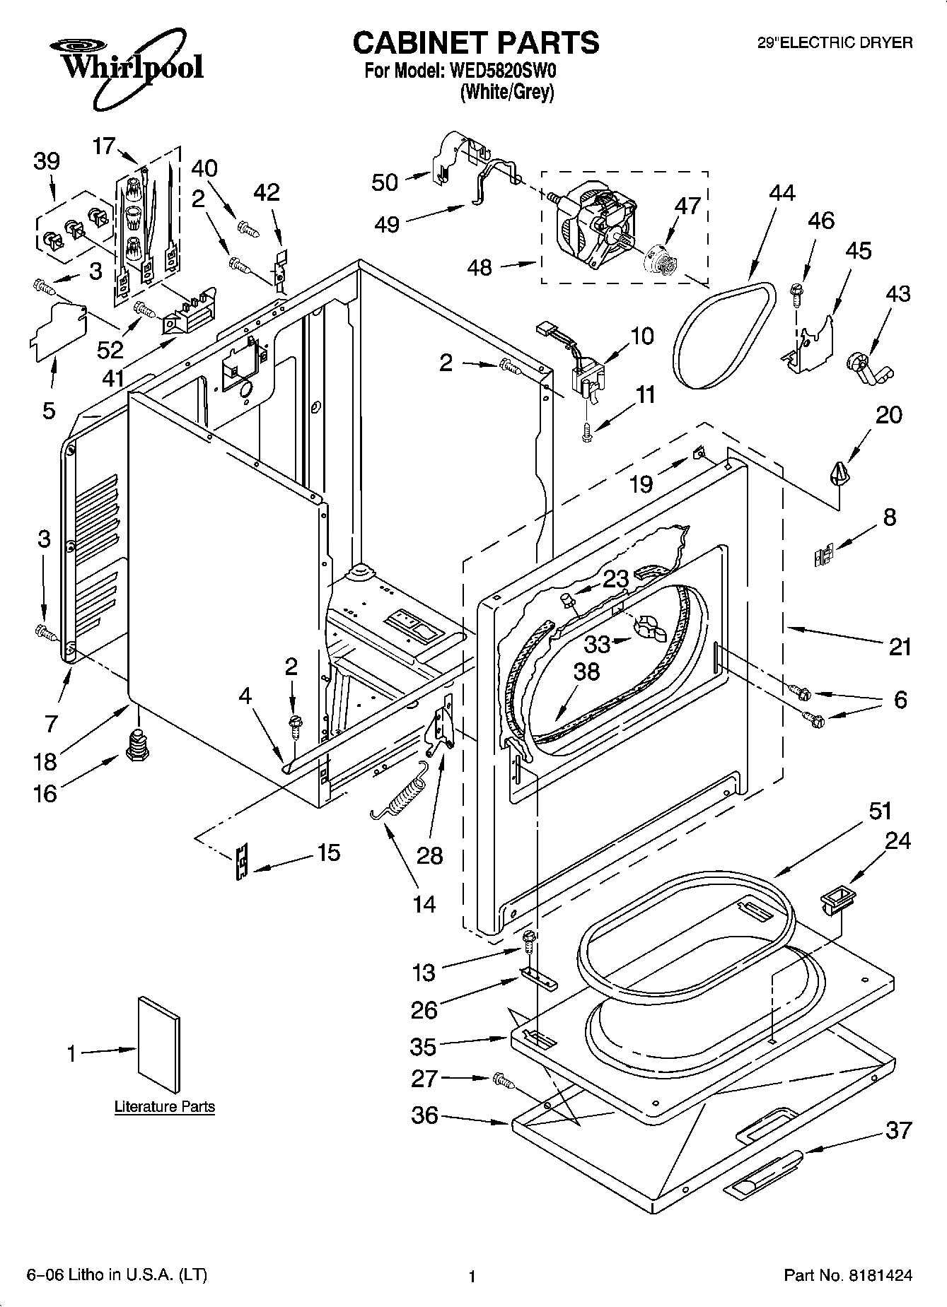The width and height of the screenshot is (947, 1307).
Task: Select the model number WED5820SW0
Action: point(506,71)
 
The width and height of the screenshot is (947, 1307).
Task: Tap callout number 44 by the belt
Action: point(782,193)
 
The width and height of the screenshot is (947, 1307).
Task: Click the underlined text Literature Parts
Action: point(165,1106)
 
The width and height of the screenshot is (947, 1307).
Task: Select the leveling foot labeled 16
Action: point(137,745)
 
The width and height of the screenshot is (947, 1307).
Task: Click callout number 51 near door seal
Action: point(881,811)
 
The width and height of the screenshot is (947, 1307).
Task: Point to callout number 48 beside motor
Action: point(481,267)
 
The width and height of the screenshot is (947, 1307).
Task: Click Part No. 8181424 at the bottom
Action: point(848,1276)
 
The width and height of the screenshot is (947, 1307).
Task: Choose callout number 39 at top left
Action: point(47,161)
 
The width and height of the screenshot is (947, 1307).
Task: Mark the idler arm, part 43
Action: point(867,368)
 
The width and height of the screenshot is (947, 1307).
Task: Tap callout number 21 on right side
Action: point(900,647)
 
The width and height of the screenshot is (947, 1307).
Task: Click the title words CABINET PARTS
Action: point(475,43)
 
